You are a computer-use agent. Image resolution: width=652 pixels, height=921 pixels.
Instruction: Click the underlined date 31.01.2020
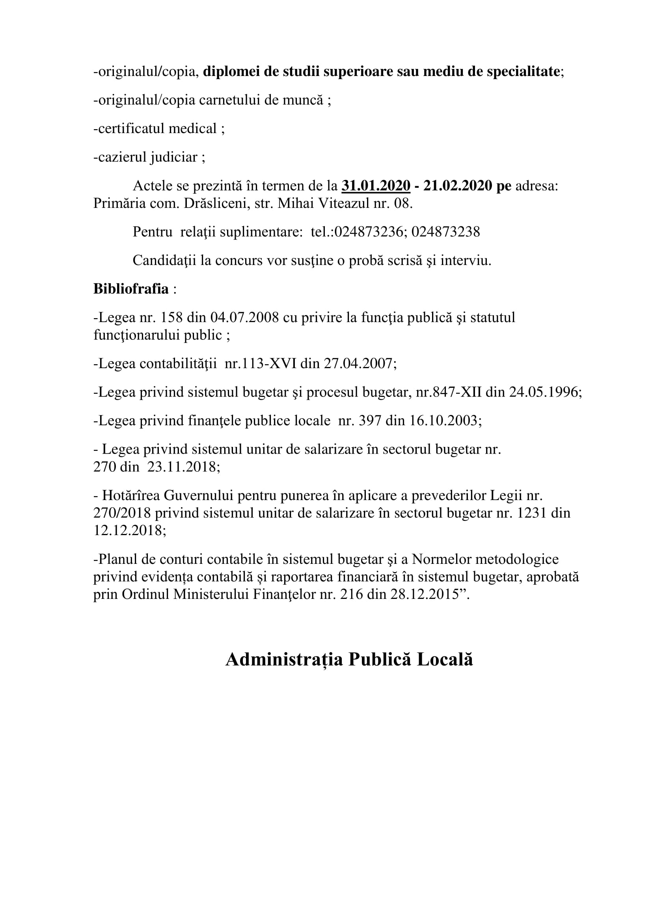tap(376, 186)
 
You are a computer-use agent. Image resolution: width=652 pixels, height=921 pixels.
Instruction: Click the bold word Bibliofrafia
tap(131, 289)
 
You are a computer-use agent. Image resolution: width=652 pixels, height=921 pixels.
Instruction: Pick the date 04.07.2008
tap(244, 318)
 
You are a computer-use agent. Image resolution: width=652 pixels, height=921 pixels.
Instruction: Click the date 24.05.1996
tap(545, 392)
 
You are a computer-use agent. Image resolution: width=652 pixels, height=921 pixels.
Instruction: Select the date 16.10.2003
tap(444, 421)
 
